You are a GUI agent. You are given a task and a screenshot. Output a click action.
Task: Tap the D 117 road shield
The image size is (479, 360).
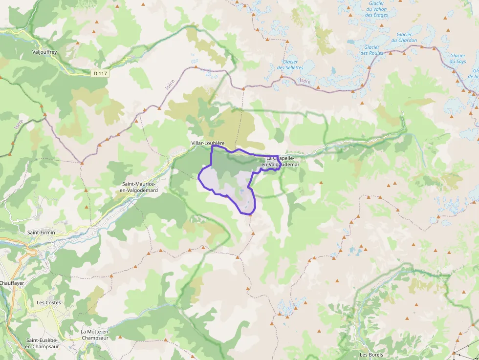coord(100,73)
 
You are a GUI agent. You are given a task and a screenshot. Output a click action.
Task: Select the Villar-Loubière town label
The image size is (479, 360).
coord(208,143)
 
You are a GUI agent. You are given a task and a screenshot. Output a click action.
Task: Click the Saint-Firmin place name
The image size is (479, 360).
coord(41,233)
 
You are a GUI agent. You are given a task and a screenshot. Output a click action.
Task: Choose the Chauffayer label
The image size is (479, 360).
coord(12,283)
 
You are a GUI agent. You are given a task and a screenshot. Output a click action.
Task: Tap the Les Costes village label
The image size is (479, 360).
coord(49,302)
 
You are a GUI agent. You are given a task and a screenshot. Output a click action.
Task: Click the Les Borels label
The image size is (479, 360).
coord(371,355)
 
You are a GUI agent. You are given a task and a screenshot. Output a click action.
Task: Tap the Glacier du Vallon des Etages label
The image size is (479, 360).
coord(376,9)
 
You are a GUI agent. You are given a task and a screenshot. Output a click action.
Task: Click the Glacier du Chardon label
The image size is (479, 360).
coord(404,37)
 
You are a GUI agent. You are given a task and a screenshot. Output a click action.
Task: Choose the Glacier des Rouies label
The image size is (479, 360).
coord(372,50)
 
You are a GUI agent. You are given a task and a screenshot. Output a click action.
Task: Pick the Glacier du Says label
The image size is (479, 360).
coord(458,59)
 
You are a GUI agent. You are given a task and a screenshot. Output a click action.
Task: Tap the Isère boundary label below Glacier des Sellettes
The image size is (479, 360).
coord(305,81)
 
